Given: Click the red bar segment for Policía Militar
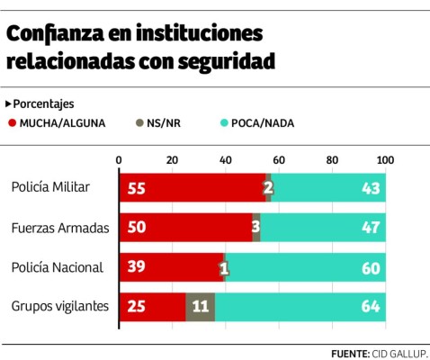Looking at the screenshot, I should [193, 187].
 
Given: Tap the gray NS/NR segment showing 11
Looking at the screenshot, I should [200, 307].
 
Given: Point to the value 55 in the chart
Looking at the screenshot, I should [137, 187].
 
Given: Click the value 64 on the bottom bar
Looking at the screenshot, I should [369, 307].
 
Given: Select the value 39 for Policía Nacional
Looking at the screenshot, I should [137, 267].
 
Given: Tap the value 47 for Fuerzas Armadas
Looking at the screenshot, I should [369, 227].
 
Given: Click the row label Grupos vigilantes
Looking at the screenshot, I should [59, 307].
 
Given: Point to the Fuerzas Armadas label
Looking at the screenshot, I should [59, 227].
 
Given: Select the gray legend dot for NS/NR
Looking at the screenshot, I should [138, 123].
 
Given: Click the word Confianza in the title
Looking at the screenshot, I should [57, 34].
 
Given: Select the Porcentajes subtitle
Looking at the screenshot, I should [42, 103].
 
